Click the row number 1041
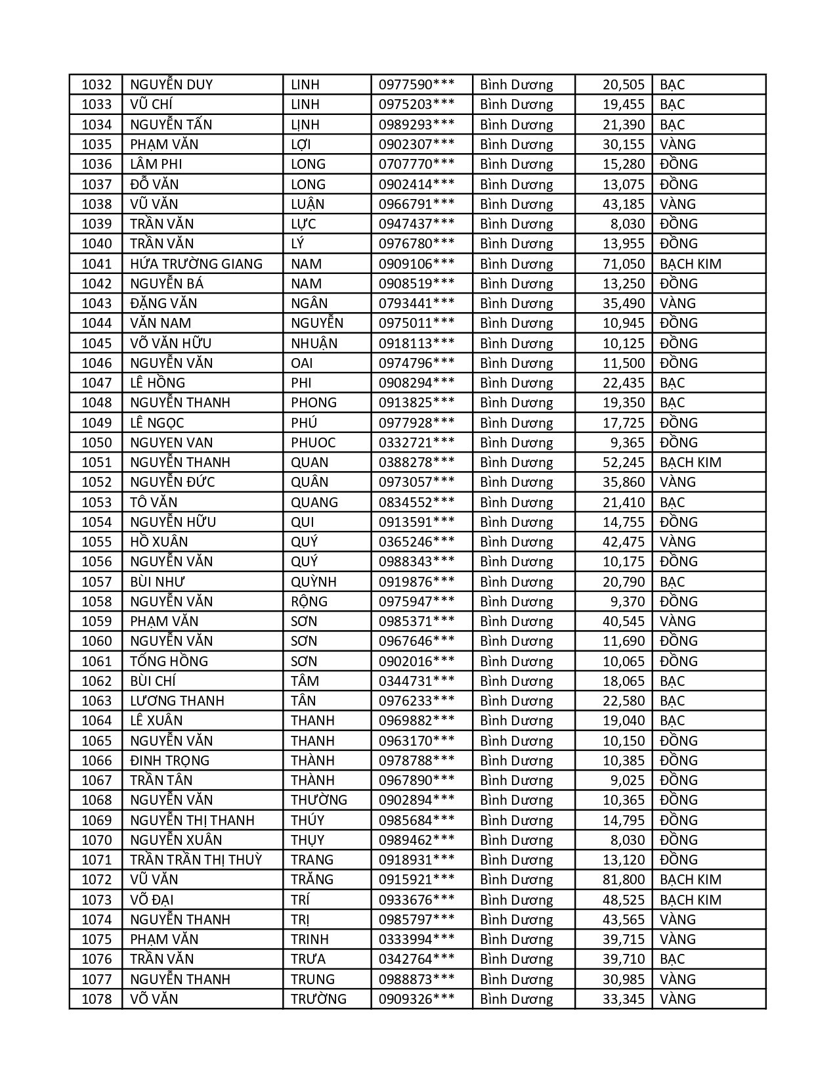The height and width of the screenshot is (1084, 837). coord(97,264)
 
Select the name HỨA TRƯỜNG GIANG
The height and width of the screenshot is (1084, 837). coord(196,264)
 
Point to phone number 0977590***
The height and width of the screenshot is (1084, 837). coord(416,85)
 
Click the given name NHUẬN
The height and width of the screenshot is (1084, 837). coord(314,344)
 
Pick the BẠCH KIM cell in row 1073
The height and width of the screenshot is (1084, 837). coord(690,900)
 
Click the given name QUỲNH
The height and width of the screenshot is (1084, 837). coord(314,582)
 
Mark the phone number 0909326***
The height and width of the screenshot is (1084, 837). coord(416,999)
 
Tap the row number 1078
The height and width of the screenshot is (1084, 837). coord(97,999)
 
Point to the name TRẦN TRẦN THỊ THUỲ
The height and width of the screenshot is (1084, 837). coord(196,860)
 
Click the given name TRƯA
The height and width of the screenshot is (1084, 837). coord(309,959)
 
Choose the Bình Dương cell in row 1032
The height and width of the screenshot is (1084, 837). coord(517,85)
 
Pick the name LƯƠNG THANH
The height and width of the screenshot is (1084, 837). coord(177,701)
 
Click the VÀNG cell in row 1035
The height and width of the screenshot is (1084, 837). coord(677,145)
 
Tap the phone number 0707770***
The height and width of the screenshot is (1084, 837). coord(416,164)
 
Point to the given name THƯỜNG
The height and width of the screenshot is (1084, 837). coord(319,800)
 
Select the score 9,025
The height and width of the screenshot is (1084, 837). coord(628,780)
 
